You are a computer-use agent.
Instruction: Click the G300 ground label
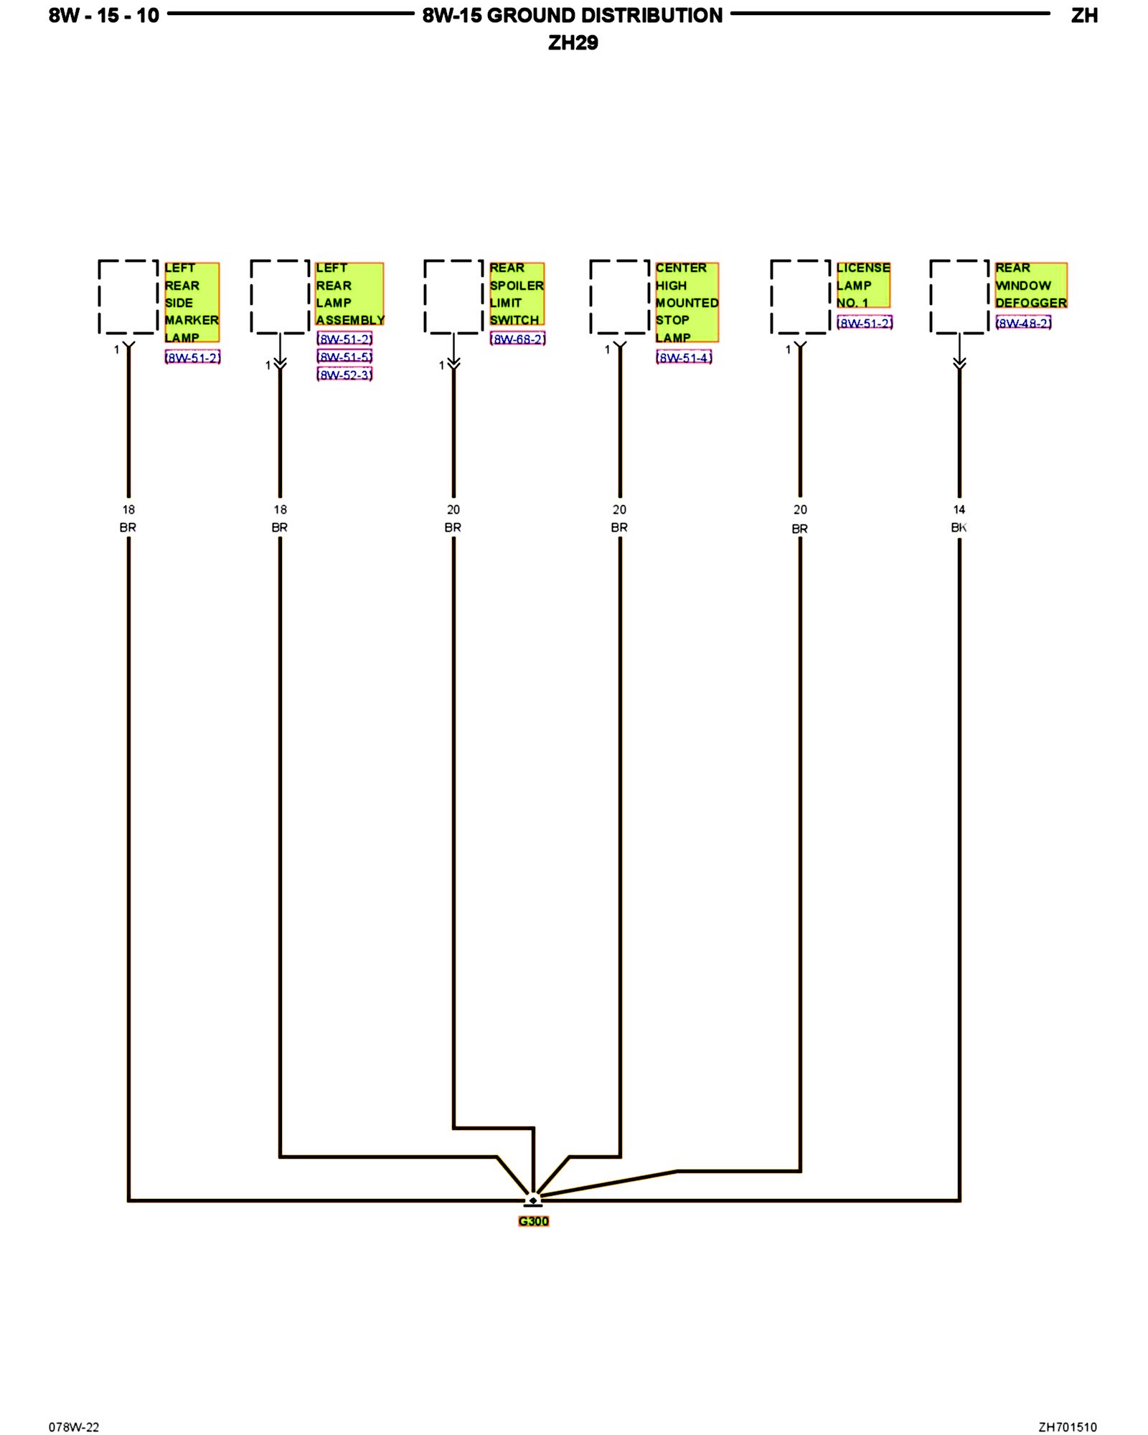(533, 1221)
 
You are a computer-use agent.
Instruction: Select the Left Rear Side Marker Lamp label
(192, 302)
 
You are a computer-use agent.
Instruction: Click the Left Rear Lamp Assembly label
(349, 293)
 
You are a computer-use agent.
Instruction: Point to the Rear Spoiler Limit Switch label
(517, 293)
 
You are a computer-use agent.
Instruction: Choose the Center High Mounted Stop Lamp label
(687, 302)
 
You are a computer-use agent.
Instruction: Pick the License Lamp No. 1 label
(863, 285)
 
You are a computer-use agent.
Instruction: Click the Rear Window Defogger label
(1030, 285)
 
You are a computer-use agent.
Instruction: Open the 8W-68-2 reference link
(518, 339)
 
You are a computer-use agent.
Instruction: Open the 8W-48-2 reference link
(1023, 323)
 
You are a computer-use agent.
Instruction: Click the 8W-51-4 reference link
(684, 357)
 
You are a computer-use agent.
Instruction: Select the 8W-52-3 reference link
(344, 375)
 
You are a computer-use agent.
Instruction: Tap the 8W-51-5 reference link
(344, 357)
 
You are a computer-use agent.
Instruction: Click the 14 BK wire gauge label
(959, 518)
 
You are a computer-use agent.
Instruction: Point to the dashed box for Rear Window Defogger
(959, 297)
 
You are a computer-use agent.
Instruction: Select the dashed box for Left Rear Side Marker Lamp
(128, 297)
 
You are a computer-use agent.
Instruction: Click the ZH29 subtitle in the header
(573, 43)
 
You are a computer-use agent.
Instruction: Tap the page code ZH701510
(1067, 1427)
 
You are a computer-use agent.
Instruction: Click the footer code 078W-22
(74, 1427)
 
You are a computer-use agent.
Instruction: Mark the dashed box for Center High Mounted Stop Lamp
(620, 297)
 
